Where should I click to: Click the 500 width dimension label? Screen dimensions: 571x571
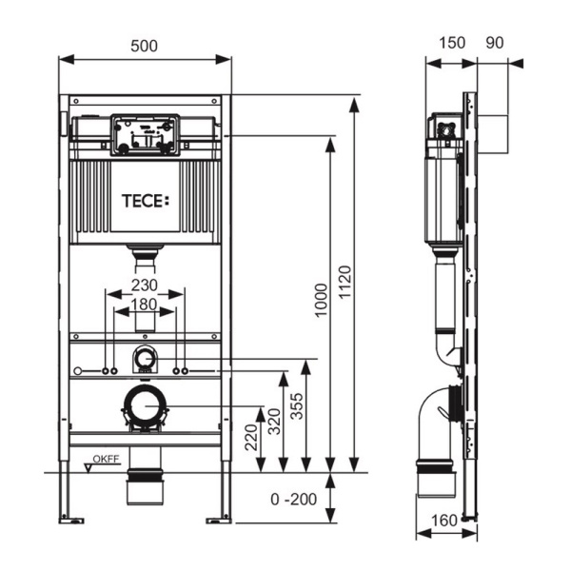tap(144, 46)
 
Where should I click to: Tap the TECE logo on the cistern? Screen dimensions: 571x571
tap(145, 201)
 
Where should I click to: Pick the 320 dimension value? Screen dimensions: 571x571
tap(273, 420)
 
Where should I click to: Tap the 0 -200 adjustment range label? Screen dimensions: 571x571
tap(292, 499)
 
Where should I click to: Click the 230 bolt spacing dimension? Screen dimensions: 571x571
tap(144, 285)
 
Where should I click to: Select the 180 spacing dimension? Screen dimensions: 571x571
tap(144, 304)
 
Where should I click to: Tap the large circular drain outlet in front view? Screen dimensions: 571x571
tap(145, 406)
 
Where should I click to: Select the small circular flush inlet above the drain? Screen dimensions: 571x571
tap(145, 359)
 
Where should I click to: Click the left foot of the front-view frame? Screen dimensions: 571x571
tap(72, 519)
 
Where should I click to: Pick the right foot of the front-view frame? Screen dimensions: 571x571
tap(219, 519)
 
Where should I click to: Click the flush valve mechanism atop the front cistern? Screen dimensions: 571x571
tap(145, 134)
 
